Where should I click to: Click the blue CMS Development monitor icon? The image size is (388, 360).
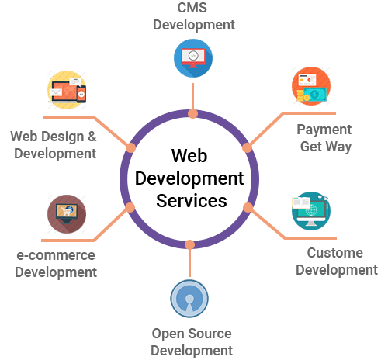click(193, 58)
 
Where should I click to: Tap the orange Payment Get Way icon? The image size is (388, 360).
click(311, 86)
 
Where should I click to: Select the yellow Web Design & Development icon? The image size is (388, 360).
click(67, 90)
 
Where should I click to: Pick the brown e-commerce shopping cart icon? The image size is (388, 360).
click(67, 214)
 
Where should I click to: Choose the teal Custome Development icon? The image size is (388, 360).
click(311, 211)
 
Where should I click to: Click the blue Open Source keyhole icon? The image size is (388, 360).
click(189, 299)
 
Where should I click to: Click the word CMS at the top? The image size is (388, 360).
click(192, 8)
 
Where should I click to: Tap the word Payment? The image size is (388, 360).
click(324, 130)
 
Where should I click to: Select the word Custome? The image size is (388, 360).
click(335, 253)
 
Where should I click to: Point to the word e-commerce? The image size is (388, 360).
click(56, 255)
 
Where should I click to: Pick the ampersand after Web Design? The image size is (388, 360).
click(92, 137)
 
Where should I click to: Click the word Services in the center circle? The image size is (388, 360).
click(192, 201)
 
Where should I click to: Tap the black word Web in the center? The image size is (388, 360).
click(189, 156)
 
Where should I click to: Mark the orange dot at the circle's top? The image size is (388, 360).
click(193, 114)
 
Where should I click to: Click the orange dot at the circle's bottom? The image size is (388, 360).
click(190, 244)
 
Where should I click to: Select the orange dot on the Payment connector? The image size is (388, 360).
click(247, 147)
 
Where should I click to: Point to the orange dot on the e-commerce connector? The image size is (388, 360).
click(130, 207)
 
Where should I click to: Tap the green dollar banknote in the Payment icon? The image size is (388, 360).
click(315, 95)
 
